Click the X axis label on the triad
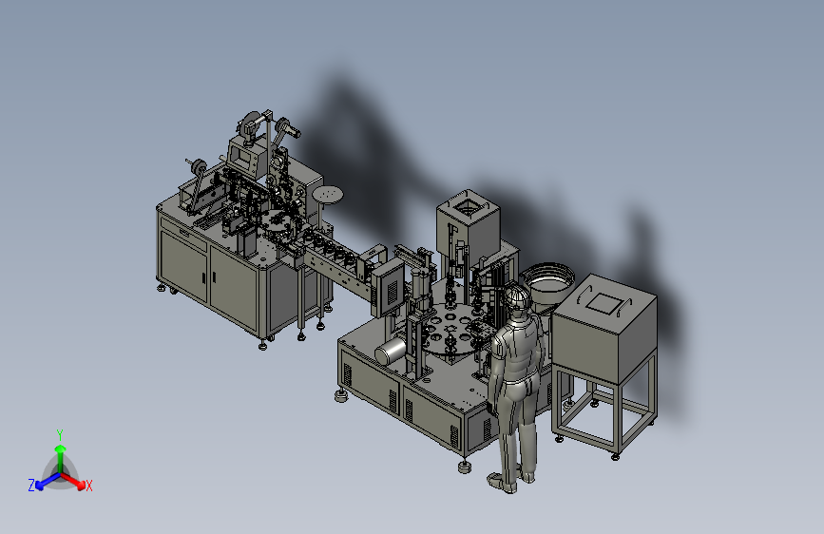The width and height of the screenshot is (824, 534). pyautogui.click(x=88, y=486)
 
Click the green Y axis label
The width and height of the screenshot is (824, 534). pyautogui.click(x=60, y=434)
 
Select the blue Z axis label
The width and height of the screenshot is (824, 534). pyautogui.click(x=31, y=485)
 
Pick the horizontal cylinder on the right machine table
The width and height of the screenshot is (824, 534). pyautogui.click(x=391, y=351)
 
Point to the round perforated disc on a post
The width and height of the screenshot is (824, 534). pyautogui.click(x=327, y=195)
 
